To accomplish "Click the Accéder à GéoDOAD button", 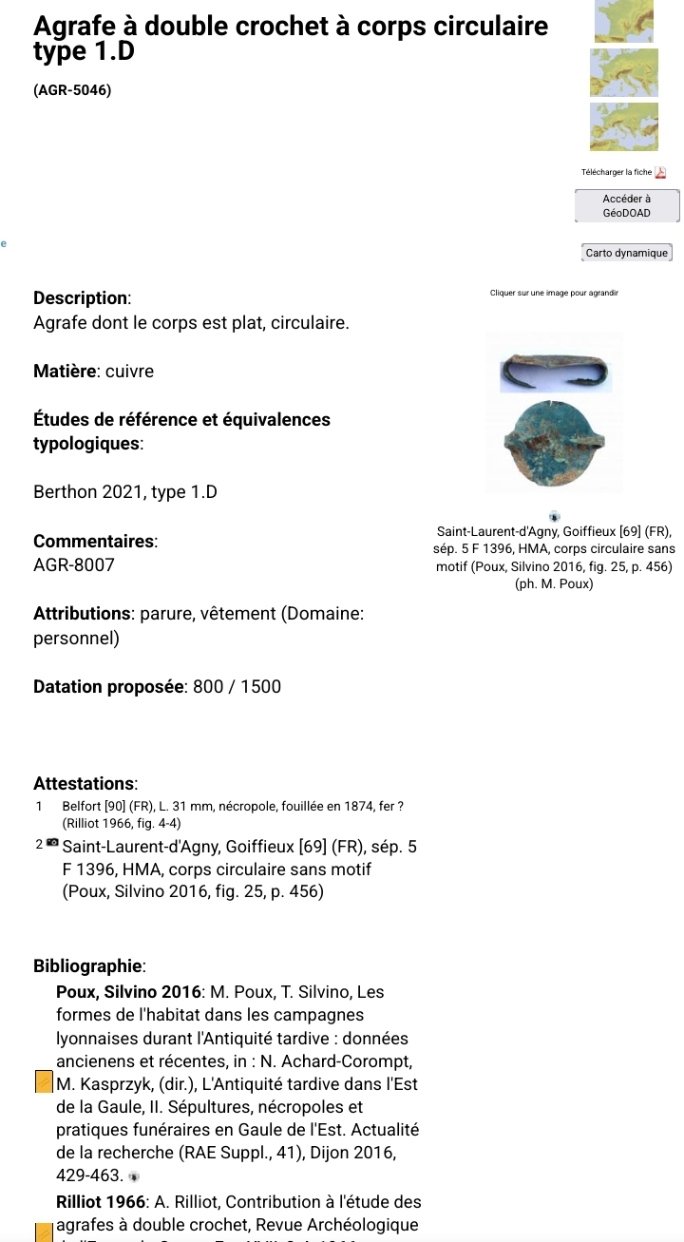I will pyautogui.click(x=627, y=205).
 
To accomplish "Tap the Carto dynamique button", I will pyautogui.click(x=627, y=253).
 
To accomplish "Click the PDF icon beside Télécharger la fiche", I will pyautogui.click(x=661, y=172).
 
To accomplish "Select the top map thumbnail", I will pyautogui.click(x=625, y=21).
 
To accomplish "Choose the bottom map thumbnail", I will pyautogui.click(x=625, y=126).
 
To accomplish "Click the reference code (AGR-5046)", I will pyautogui.click(x=72, y=91).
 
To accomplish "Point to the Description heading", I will pyautogui.click(x=82, y=297).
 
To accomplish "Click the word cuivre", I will pyautogui.click(x=129, y=371).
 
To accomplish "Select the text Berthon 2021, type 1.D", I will pyautogui.click(x=125, y=492).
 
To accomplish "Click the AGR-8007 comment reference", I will pyautogui.click(x=74, y=565).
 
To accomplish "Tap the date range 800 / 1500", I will pyautogui.click(x=237, y=686).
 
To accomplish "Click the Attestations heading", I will pyautogui.click(x=85, y=784).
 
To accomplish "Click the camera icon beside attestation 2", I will pyautogui.click(x=52, y=843).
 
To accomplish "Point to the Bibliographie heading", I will pyautogui.click(x=89, y=966).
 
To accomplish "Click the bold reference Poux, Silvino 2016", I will pyautogui.click(x=128, y=992).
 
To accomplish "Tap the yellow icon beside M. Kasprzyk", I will pyautogui.click(x=43, y=1082).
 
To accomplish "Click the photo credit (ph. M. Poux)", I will pyautogui.click(x=554, y=583).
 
